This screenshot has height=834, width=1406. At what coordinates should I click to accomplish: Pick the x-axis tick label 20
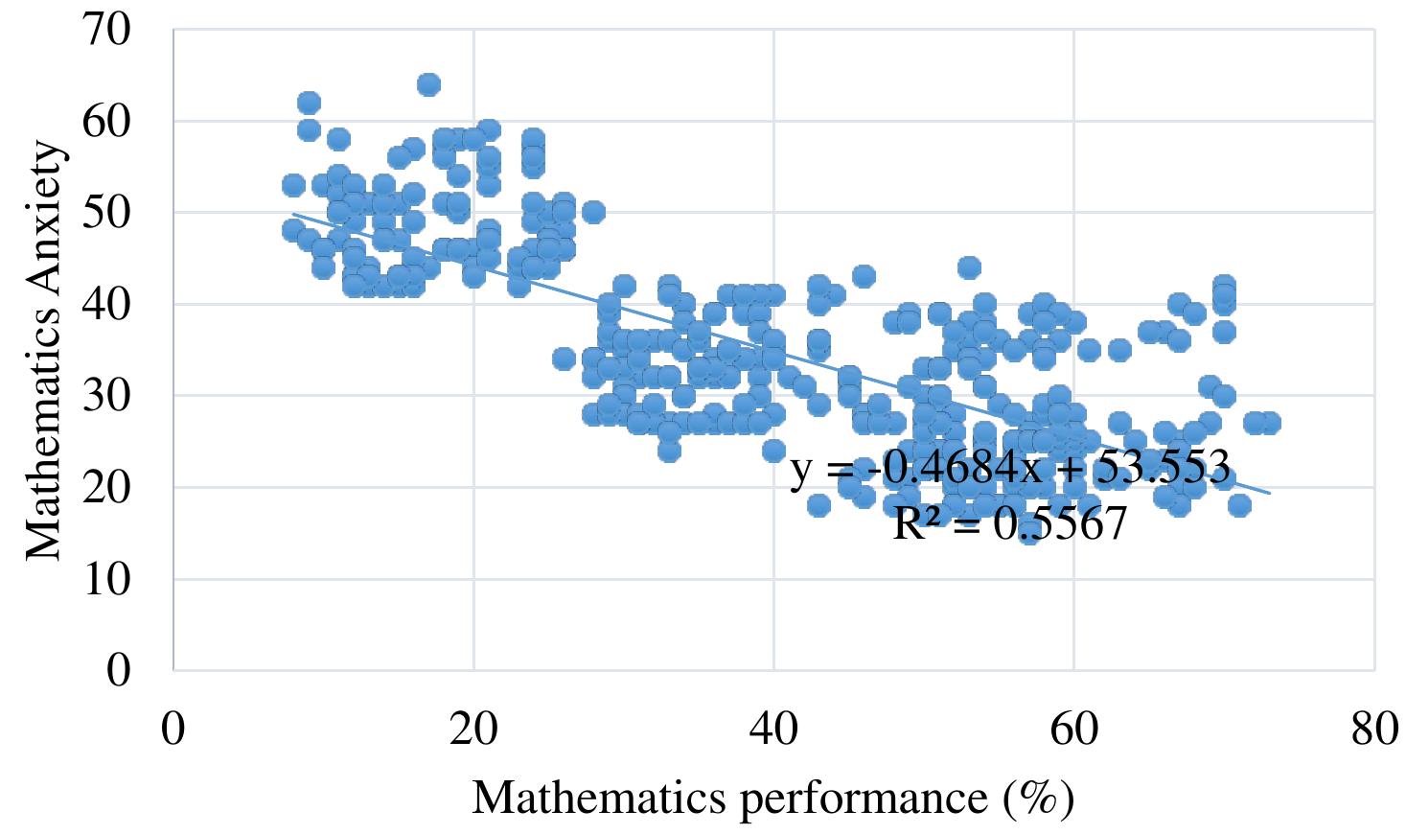click(473, 730)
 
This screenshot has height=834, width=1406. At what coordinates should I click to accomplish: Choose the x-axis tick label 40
click(773, 730)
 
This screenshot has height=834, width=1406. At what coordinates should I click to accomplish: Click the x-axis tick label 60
click(1074, 730)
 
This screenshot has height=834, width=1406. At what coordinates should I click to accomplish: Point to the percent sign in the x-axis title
click(1039, 798)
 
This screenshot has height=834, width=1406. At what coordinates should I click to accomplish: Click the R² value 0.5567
click(1059, 524)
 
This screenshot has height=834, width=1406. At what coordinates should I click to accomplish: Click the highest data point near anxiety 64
click(428, 84)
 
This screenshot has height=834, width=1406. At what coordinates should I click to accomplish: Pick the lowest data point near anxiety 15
click(1029, 533)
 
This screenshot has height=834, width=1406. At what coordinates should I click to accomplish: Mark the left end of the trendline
click(293, 214)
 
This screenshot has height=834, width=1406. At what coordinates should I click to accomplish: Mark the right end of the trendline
click(1271, 494)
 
